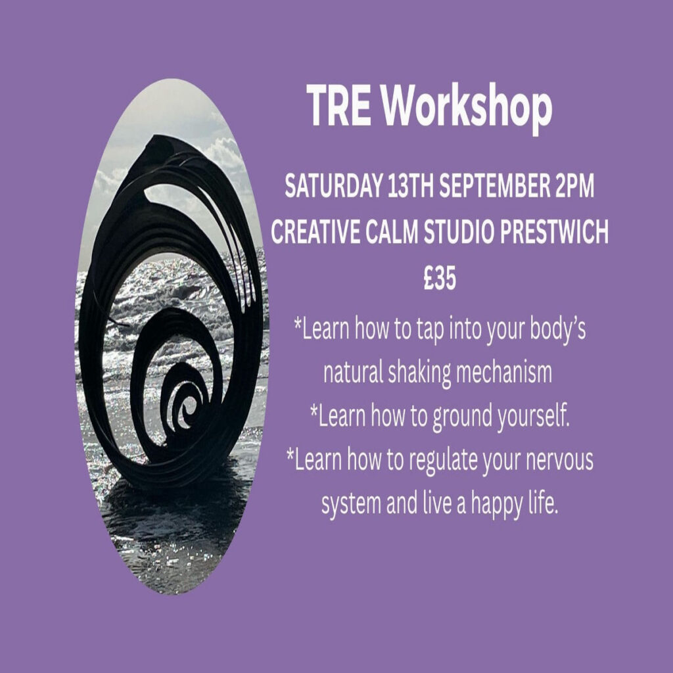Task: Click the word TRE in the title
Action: [x=338, y=105]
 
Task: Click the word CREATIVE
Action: [x=315, y=232]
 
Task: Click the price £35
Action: [x=440, y=278]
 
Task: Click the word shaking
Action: [x=419, y=373]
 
